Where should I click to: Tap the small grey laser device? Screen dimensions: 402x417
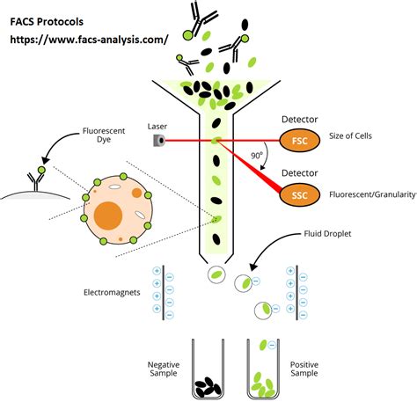158,140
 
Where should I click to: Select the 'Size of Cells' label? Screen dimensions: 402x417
353,140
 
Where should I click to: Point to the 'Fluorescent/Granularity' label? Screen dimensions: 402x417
370,194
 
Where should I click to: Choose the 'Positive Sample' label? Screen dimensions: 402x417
306,369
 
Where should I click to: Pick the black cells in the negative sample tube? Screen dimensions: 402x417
208,384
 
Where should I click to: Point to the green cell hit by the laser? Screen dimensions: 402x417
216,140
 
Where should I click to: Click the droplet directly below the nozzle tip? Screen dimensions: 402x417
216,275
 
